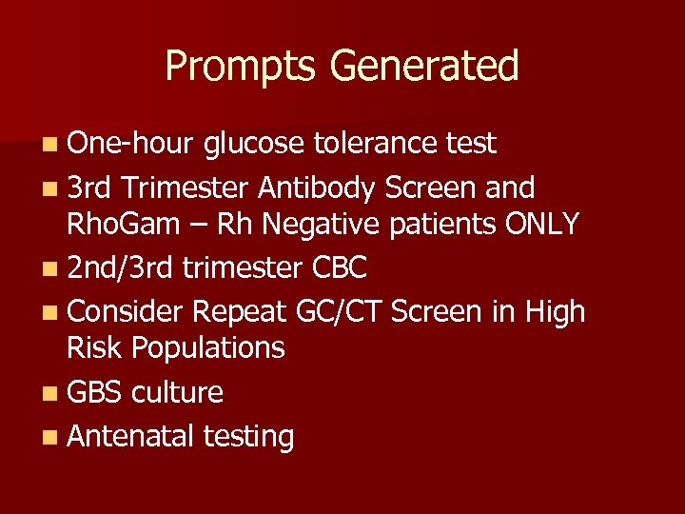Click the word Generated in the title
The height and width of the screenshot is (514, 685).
pyautogui.click(x=424, y=67)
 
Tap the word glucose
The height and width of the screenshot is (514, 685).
pyautogui.click(x=252, y=144)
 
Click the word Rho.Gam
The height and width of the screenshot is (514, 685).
pyautogui.click(x=126, y=224)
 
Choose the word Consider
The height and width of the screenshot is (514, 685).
pyautogui.click(x=126, y=311)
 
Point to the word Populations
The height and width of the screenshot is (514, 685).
pyautogui.click(x=208, y=348)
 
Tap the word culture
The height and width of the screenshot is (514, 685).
pyautogui.click(x=178, y=392)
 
